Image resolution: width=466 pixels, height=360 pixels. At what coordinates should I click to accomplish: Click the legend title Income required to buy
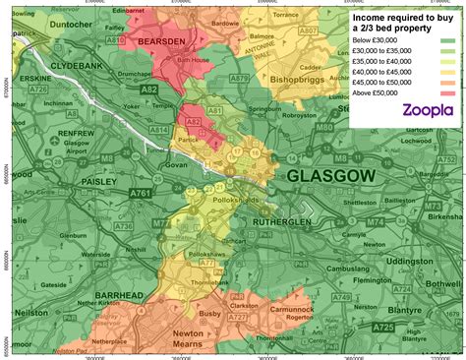404,19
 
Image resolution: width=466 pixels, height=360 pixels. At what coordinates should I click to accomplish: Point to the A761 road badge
141,194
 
